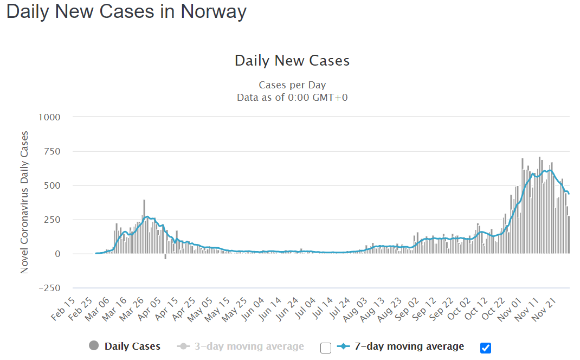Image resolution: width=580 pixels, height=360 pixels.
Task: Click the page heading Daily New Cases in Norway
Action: point(126,11)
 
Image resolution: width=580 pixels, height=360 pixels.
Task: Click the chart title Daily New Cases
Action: point(292,61)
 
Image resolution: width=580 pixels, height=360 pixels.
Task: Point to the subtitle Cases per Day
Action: point(292,85)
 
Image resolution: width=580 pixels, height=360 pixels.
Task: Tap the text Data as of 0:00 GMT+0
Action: point(292,98)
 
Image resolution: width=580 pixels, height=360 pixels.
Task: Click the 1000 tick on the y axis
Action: point(49,117)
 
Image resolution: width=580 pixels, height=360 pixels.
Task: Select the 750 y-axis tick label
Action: point(52,151)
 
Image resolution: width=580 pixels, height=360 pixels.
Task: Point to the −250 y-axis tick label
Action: point(49,288)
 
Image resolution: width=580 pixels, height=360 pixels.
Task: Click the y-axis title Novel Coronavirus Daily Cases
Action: point(25,202)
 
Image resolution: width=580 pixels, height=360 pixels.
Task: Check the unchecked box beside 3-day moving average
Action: point(325,348)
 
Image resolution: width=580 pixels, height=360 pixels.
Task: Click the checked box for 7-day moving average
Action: point(486,348)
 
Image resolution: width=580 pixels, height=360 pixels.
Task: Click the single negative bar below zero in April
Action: point(165,256)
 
